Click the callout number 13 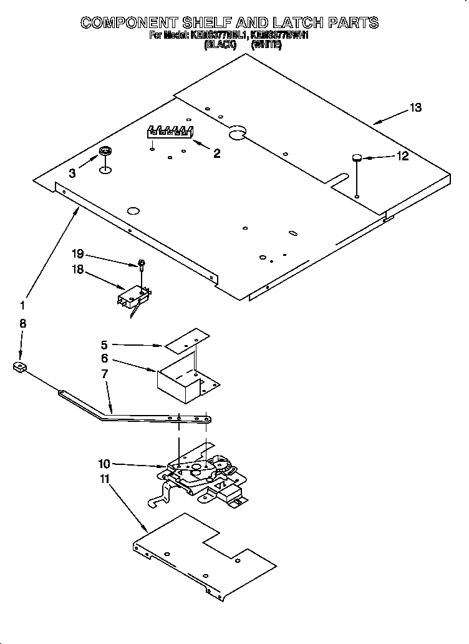coord(415,108)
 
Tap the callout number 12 coord(402,156)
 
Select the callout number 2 coord(216,154)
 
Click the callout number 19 coord(77,253)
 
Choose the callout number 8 coord(22,323)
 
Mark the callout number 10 coord(104,464)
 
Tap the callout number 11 coord(104,479)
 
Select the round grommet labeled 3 coord(105,152)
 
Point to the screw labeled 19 coord(142,265)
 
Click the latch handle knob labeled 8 coord(20,368)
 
